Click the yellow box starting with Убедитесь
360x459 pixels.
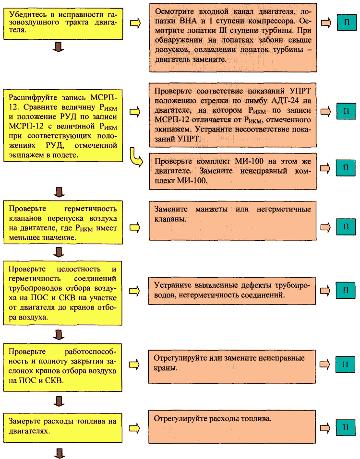click(63, 24)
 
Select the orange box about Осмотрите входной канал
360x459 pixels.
click(233, 37)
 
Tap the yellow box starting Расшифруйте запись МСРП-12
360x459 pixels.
click(63, 126)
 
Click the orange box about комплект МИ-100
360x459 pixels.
click(233, 171)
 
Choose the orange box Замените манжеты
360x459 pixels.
click(233, 221)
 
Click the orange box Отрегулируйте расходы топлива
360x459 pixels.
click(232, 427)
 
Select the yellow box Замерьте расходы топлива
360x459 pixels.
click(63, 428)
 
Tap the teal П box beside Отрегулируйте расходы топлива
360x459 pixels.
click(345, 428)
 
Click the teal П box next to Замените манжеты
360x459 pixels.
click(346, 226)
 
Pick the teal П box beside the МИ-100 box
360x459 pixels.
click(346, 168)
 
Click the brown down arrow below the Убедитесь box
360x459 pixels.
click(58, 47)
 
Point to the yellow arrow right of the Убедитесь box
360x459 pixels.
click(135, 23)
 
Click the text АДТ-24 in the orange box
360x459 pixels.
click(285, 101)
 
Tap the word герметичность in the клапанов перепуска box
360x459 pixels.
click(91, 209)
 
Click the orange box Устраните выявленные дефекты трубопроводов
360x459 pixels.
click(232, 291)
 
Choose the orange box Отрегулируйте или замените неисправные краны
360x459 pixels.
click(232, 366)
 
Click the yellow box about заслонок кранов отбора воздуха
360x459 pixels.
click(63, 368)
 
